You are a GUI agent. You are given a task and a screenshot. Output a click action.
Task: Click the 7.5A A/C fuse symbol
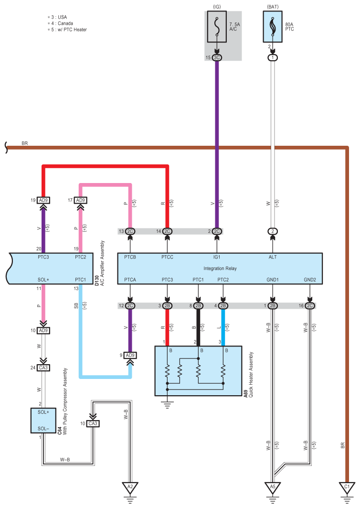click(x=217, y=27)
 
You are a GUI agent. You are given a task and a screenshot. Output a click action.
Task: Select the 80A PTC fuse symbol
click(x=273, y=27)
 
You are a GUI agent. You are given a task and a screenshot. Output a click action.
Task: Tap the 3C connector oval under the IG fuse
click(x=217, y=58)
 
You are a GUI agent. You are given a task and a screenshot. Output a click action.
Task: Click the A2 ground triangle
click(x=130, y=487)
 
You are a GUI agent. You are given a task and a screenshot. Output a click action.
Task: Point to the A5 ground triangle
click(x=273, y=487)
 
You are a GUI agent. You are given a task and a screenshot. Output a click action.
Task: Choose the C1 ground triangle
click(x=347, y=487)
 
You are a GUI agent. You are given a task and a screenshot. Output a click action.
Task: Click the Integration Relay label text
click(x=220, y=269)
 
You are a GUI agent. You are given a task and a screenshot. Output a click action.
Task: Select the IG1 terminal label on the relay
click(x=217, y=257)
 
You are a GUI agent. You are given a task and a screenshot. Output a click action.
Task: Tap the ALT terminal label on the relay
click(x=273, y=257)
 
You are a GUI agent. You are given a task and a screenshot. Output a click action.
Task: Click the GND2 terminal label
click(x=310, y=280)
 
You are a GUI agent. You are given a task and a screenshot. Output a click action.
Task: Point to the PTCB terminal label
click(x=130, y=257)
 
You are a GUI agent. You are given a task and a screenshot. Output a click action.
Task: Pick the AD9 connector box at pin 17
click(x=81, y=201)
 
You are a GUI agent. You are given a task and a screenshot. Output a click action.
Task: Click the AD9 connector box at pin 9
click(x=130, y=356)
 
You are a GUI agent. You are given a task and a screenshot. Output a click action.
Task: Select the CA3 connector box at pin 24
click(x=43, y=367)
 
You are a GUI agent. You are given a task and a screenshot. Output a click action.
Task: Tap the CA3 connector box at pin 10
click(x=93, y=424)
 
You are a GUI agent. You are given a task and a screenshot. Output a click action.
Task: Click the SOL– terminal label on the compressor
click(x=43, y=429)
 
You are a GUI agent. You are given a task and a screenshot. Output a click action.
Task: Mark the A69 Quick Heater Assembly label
click(x=249, y=375)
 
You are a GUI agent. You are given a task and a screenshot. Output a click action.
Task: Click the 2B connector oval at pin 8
click(x=198, y=306)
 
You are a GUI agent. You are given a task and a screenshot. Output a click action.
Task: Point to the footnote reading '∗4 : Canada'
click(x=60, y=23)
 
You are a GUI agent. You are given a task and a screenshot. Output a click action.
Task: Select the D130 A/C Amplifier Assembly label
click(x=100, y=263)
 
